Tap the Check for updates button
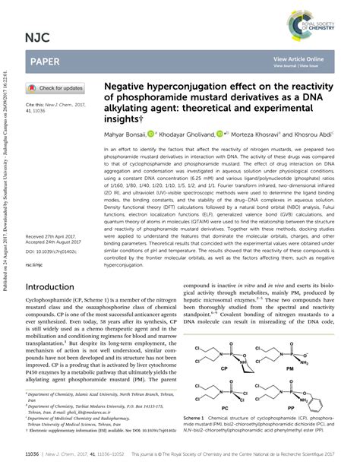coord(56,88)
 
